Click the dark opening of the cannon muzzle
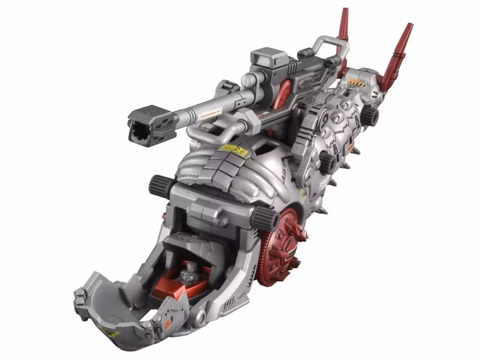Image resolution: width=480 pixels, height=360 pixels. click(x=139, y=129)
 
